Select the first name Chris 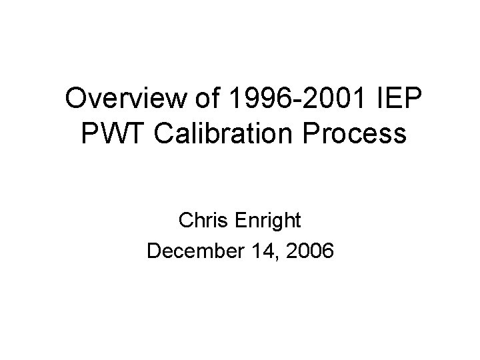(203, 220)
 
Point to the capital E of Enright (239, 220)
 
